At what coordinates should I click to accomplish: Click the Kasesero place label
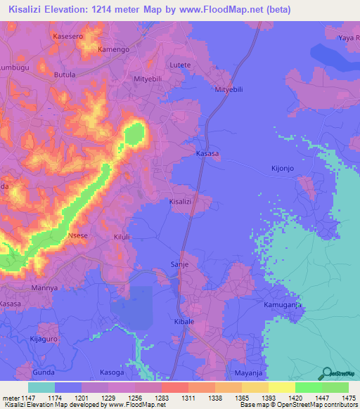click(x=73, y=35)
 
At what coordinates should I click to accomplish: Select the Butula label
click(x=65, y=74)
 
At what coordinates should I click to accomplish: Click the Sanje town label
click(x=180, y=265)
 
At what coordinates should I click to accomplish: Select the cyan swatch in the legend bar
click(x=41, y=387)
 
